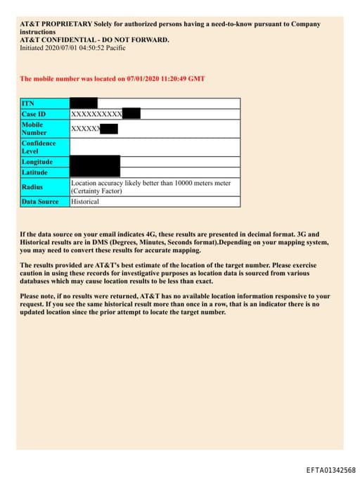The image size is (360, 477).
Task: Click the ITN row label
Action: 27,103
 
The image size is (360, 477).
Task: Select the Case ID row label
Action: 34,114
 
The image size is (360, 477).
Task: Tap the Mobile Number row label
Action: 34,128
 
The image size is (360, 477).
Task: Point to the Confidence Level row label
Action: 38,147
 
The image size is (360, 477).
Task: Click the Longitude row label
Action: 37,162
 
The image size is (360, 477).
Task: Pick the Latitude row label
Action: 34,172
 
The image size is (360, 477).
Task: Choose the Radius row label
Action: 32,187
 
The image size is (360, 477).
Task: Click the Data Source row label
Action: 40,202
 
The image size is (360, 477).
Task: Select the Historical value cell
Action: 85,202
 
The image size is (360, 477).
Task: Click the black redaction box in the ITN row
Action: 84,103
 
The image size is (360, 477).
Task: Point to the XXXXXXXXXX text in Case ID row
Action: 96,114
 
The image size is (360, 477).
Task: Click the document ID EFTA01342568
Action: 330,470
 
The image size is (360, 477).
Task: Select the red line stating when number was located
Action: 112,79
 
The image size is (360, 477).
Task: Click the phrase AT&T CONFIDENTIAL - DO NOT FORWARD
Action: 94,40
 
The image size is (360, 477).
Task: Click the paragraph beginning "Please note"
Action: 174,304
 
